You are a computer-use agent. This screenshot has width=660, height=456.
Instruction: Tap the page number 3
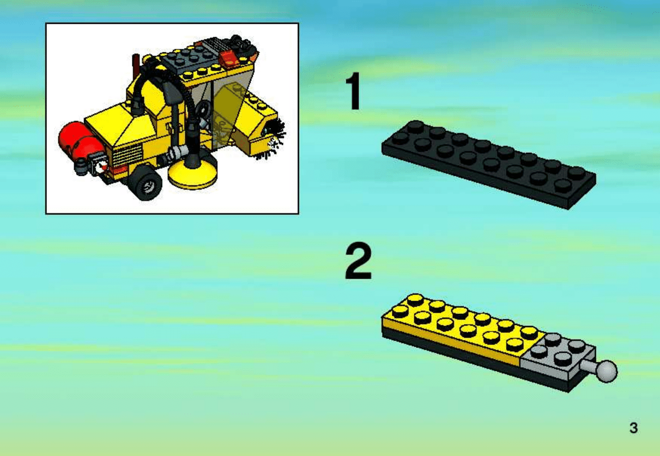pos(633,428)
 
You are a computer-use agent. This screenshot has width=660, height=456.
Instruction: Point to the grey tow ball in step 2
pos(607,371)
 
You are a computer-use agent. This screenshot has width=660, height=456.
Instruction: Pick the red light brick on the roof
pos(230,58)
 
